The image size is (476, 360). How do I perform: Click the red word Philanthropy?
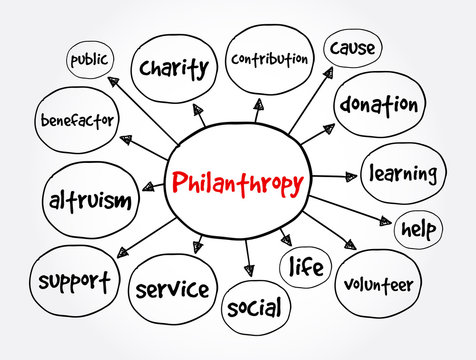238,183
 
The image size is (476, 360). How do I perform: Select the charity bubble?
174,68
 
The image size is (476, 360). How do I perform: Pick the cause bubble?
351,49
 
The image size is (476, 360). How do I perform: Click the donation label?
378,105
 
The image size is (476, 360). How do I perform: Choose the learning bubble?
403,174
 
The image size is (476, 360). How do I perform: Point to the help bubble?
418,228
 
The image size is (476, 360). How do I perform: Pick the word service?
172,290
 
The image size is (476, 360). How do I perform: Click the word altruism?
89,201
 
